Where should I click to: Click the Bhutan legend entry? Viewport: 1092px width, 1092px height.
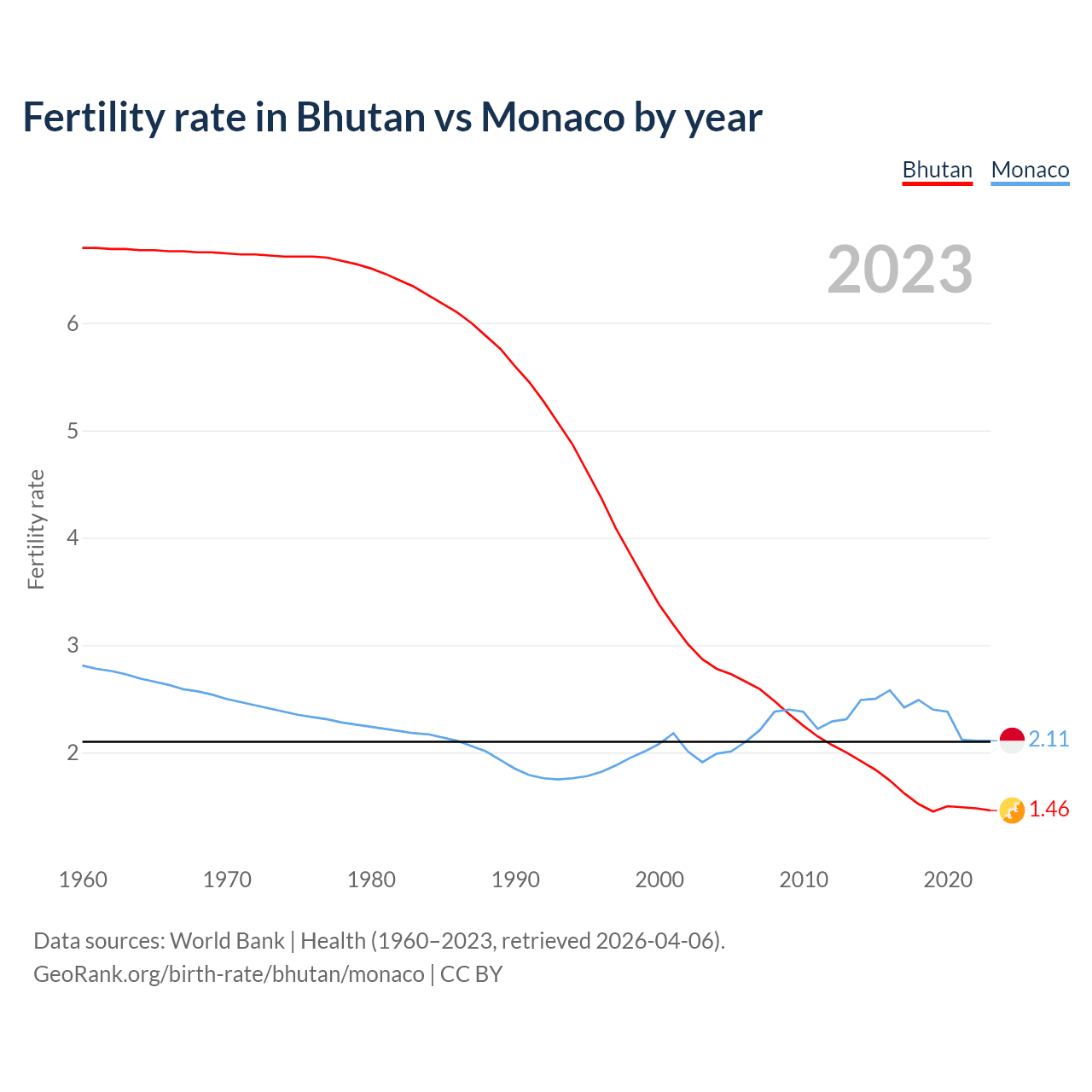click(937, 170)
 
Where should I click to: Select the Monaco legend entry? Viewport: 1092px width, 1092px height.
click(1030, 170)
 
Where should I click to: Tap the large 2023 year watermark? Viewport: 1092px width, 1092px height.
click(900, 270)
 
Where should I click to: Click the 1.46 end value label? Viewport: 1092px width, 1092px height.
click(1048, 810)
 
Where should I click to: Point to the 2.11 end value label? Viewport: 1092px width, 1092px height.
click(1048, 739)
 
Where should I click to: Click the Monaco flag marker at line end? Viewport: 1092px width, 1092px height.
click(1012, 741)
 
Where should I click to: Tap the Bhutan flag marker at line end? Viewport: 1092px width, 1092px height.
click(1012, 810)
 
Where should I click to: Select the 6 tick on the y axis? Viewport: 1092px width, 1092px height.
click(73, 323)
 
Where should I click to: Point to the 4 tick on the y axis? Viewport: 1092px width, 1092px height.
click(73, 538)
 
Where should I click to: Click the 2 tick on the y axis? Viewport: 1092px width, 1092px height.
click(73, 752)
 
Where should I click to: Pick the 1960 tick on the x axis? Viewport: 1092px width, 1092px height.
click(83, 880)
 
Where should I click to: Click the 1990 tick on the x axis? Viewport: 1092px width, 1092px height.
click(515, 880)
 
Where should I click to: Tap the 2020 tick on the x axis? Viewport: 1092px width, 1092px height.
click(948, 880)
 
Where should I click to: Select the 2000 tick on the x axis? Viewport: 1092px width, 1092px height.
click(659, 880)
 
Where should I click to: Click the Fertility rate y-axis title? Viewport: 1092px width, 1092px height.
click(36, 529)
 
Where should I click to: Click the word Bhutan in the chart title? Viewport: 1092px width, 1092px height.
click(360, 117)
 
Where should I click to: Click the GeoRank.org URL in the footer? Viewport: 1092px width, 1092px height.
click(229, 974)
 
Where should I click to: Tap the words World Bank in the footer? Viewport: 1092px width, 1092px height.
click(227, 941)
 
